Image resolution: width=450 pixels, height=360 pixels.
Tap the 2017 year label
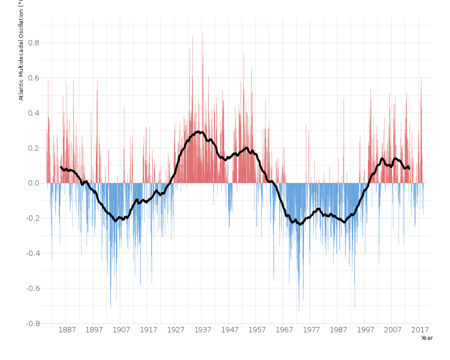click(x=421, y=330)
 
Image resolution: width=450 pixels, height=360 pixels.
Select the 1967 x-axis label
click(x=284, y=330)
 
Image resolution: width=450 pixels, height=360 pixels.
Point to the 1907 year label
click(x=121, y=330)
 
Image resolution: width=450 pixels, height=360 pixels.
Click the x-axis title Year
click(x=427, y=338)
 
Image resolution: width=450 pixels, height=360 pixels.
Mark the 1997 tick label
click(x=366, y=330)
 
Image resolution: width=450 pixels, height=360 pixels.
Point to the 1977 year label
click(x=312, y=330)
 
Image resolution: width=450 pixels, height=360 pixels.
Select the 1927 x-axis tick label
click(x=175, y=330)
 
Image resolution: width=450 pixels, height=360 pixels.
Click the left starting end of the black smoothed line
click(x=61, y=167)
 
